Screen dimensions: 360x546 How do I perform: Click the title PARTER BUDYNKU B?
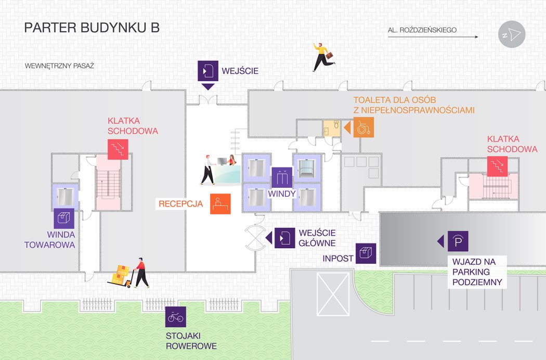pos(92,28)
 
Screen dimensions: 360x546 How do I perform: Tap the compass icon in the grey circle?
pos(512,35)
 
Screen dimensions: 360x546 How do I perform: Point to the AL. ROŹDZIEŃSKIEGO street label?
pos(422,30)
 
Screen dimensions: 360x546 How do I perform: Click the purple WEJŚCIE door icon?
pos(207,70)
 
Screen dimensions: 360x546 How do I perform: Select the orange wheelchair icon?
pos(363,127)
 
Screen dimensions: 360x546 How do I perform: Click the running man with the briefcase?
pos(322,57)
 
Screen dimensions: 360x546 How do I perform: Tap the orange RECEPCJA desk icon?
pos(220,203)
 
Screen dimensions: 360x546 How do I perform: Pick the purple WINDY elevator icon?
pos(282,177)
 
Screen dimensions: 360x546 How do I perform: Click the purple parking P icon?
pos(458,241)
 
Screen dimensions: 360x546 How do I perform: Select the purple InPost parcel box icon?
pos(366,253)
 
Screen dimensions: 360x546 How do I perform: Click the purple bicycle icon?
pos(175,317)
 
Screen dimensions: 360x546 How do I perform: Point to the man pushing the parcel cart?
pos(140,273)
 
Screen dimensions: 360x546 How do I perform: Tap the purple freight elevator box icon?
pos(64,218)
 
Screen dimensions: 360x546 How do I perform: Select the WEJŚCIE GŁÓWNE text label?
pos(317,238)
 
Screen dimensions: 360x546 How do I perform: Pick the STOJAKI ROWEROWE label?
pos(191,341)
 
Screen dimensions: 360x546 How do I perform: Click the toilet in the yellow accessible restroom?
pos(336,126)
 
